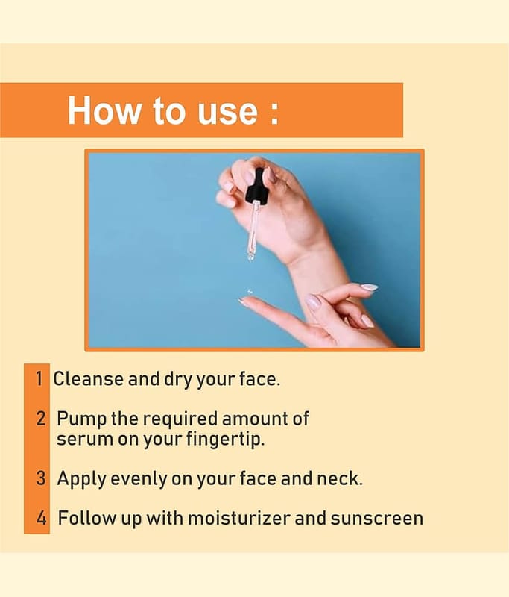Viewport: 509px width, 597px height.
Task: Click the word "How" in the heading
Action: coord(104,110)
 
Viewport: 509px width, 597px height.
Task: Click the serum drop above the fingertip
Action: coord(250,292)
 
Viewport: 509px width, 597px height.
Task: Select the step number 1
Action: coord(39,379)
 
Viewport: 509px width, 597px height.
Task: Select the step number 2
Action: coord(40,418)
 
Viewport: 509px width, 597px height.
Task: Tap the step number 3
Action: coord(41,478)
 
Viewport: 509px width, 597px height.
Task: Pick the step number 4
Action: coord(42,518)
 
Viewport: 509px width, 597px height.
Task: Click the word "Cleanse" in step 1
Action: coord(88,379)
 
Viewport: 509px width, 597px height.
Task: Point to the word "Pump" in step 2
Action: coord(81,419)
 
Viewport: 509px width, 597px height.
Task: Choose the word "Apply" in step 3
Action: coord(81,479)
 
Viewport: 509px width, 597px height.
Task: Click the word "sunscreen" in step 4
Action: coord(376,519)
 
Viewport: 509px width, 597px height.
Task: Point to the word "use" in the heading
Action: coord(228,114)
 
